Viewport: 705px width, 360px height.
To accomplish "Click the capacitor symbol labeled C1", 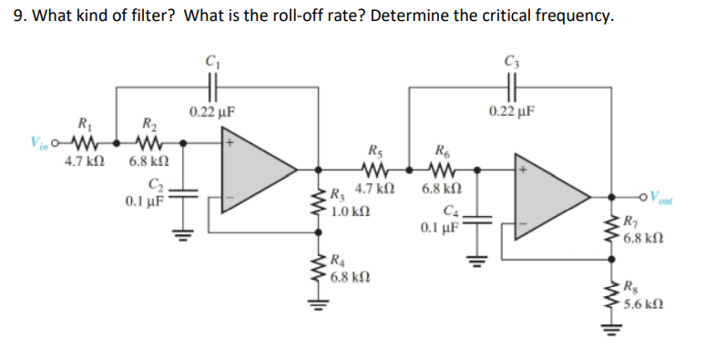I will click(211, 88).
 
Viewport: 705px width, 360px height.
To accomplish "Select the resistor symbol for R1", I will click(85, 143).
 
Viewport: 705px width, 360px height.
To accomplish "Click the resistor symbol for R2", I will click(148, 143).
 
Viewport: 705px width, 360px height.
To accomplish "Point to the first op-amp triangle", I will click(259, 169).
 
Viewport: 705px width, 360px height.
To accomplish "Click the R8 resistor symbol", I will click(610, 297).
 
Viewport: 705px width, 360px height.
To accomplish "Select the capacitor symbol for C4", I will click(478, 219).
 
